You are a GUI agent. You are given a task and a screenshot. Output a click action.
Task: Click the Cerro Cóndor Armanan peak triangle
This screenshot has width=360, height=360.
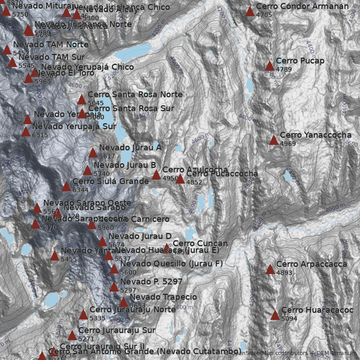(x=250, y=12)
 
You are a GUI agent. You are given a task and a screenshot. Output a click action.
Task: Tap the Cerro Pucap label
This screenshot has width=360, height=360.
(x=300, y=61)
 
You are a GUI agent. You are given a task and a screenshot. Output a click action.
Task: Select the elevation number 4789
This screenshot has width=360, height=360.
(x=284, y=69)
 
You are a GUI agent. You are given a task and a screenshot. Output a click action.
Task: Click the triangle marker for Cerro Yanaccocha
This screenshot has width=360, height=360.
(x=274, y=140)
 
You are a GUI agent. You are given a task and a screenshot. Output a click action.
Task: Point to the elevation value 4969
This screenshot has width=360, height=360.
(x=288, y=144)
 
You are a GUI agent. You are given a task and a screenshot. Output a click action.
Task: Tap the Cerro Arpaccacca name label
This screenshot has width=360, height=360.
(x=311, y=264)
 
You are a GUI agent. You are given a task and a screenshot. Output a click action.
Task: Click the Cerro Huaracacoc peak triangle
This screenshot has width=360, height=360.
(x=275, y=315)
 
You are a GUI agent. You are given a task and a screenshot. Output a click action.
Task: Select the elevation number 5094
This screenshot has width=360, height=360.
(x=289, y=319)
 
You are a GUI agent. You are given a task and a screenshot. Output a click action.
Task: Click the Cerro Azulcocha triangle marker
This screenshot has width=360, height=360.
(x=156, y=175)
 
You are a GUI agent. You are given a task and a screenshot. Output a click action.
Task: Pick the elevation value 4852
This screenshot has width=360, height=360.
(x=194, y=182)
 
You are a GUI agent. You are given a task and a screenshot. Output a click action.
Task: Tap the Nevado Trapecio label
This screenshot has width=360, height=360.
(x=163, y=297)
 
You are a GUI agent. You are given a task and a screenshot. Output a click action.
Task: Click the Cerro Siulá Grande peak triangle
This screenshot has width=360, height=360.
(x=66, y=187)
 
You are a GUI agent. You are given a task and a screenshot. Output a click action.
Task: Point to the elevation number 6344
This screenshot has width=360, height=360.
(x=81, y=190)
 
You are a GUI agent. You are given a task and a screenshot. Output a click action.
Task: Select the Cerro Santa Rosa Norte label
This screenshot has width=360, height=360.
(x=135, y=94)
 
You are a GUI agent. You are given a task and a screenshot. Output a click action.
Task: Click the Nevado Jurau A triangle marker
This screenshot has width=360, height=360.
(x=93, y=153)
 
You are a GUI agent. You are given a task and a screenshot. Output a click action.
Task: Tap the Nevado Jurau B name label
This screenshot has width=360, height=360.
(x=125, y=165)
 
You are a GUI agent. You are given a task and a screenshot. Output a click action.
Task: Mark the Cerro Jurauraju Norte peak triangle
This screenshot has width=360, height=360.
(x=83, y=315)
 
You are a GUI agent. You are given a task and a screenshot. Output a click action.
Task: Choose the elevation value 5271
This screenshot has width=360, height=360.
(x=86, y=339)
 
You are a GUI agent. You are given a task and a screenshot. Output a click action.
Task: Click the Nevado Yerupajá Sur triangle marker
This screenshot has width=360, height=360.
(x=26, y=132)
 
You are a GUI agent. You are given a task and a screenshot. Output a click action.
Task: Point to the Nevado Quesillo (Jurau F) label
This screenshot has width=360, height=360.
(x=171, y=263)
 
